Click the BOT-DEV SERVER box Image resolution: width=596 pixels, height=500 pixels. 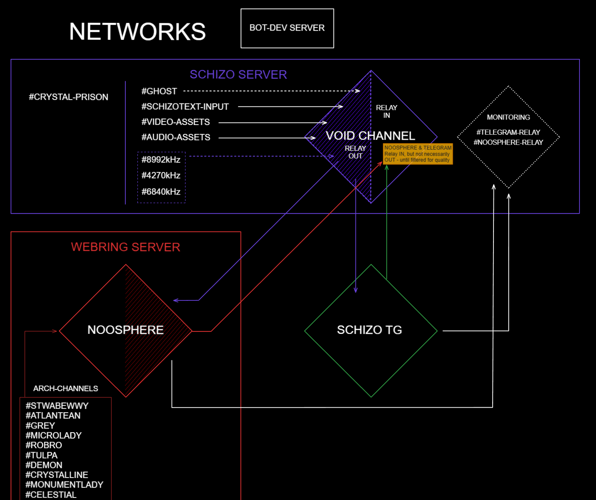287,28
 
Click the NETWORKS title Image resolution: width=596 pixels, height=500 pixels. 137,32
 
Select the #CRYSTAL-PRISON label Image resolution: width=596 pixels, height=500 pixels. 69,97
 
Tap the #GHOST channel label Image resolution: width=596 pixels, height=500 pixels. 159,91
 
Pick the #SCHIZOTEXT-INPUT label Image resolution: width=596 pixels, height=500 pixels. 185,107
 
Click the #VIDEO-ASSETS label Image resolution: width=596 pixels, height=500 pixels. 175,122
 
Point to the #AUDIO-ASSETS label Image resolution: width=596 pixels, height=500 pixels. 176,137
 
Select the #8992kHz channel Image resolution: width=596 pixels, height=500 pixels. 161,160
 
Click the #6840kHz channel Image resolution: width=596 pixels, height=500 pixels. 161,192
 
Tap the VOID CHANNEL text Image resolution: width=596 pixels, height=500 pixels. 370,136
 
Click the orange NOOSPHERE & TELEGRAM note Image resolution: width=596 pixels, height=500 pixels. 418,154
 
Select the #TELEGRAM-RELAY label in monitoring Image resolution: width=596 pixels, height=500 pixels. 508,132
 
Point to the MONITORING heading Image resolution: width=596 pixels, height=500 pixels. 508,117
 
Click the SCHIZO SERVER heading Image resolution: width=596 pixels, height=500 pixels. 238,75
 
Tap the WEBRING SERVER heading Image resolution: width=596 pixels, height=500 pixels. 125,247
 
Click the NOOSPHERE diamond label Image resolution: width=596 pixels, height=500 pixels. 125,330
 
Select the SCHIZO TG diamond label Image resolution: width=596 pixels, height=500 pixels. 369,330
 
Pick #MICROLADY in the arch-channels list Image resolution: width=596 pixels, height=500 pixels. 53,435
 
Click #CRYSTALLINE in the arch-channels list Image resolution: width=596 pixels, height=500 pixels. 57,475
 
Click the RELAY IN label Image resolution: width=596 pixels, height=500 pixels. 386,111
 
